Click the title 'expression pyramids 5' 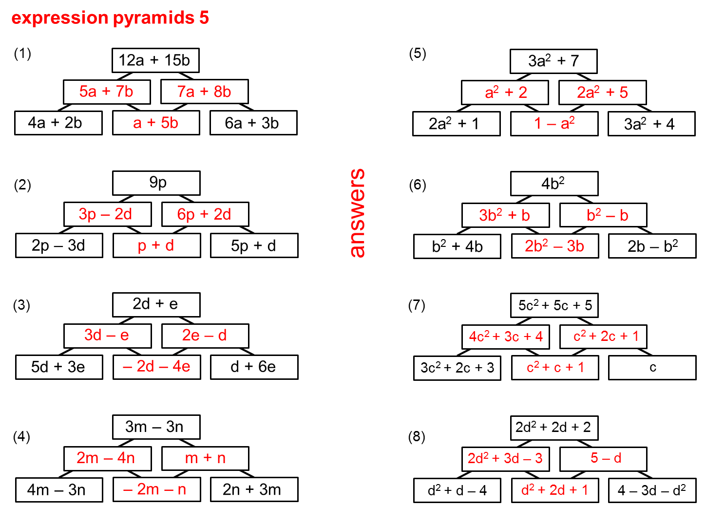(x=110, y=18)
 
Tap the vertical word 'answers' (x=357, y=213)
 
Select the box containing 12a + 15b (x=155, y=60)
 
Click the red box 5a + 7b (x=107, y=92)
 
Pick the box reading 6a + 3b (x=253, y=123)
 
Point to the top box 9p (x=156, y=183)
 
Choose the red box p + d (x=156, y=245)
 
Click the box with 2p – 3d (x=59, y=245)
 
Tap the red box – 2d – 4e (x=156, y=367)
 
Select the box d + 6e (x=254, y=367)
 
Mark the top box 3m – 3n (x=156, y=427)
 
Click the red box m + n (x=205, y=458)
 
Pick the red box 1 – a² (x=554, y=124)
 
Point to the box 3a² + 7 (x=553, y=61)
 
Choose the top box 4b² (x=554, y=184)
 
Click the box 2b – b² (x=652, y=246)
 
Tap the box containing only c (x=652, y=368)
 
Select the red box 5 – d (x=603, y=459)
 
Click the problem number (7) (x=417, y=305)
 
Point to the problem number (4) (x=21, y=436)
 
